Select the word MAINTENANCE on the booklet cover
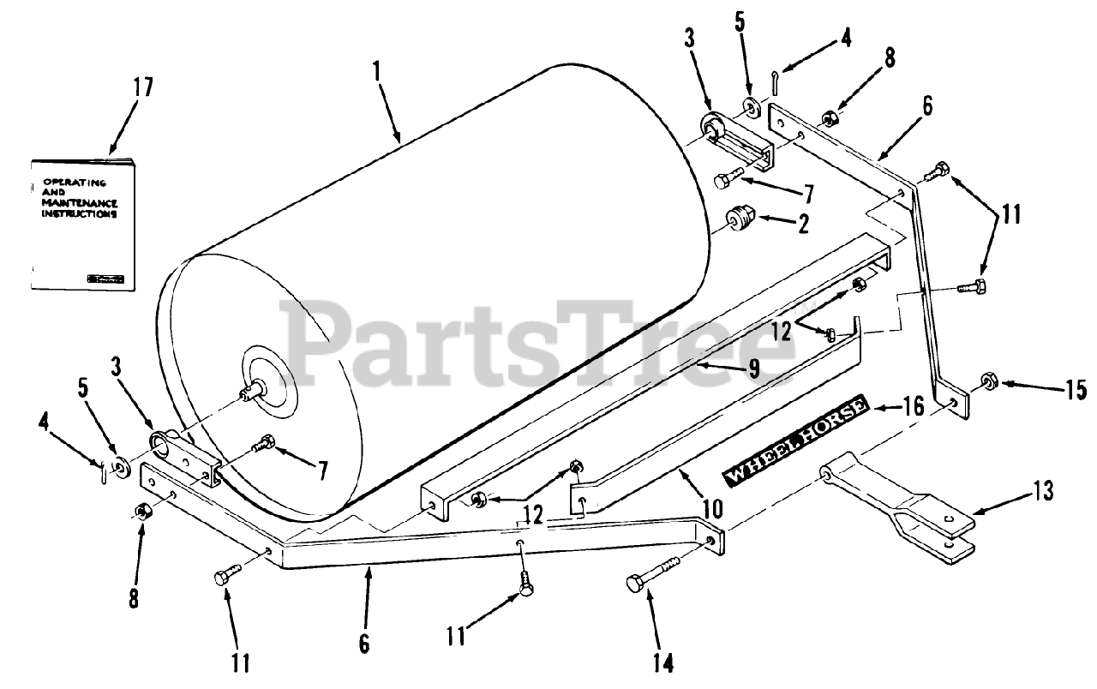click(x=75, y=203)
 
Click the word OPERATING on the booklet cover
click(x=73, y=183)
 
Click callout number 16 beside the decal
click(x=914, y=405)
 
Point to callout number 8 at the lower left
click(x=134, y=596)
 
